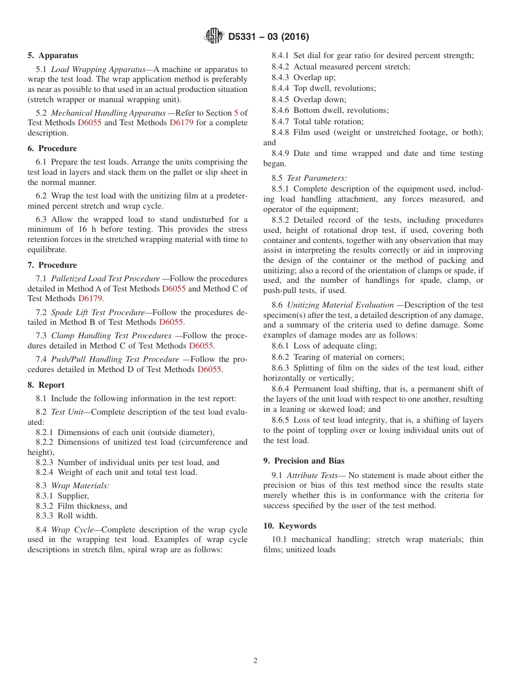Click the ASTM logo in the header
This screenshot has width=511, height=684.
click(214, 37)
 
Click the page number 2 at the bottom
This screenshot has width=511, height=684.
click(256, 661)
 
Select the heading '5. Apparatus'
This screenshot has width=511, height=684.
click(53, 55)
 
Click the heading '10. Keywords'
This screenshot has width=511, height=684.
click(290, 526)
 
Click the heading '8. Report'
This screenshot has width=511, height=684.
click(46, 385)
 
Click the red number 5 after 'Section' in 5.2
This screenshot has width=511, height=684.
click(236, 113)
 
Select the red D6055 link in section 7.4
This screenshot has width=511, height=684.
click(209, 369)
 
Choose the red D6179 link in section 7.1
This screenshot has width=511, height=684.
click(90, 298)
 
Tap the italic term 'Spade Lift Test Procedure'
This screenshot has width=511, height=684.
click(98, 312)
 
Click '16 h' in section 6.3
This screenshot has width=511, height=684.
click(75, 229)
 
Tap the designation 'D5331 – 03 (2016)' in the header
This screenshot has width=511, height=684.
click(268, 37)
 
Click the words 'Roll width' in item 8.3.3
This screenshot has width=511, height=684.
click(77, 516)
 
